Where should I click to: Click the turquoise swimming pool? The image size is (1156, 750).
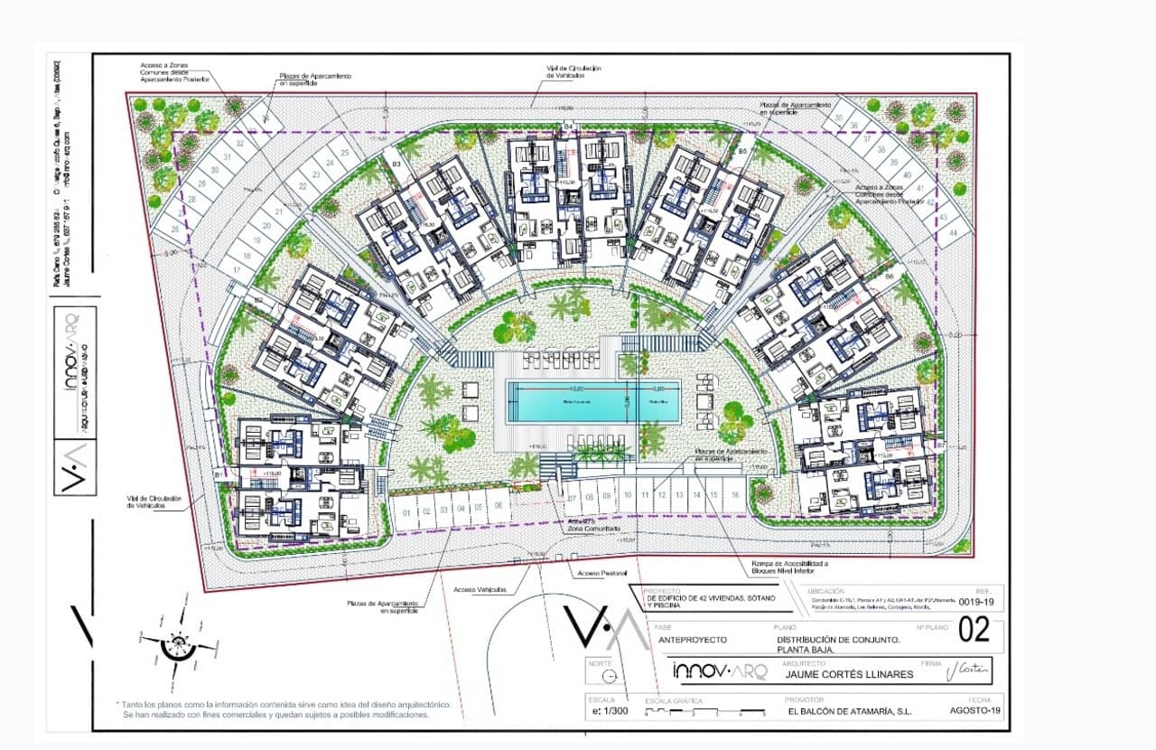pos(592,401)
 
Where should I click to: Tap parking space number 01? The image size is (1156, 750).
pos(406,512)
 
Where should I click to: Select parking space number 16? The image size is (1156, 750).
pos(736,495)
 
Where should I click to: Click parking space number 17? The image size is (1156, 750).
pos(237,269)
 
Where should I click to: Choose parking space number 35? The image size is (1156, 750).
pos(838,117)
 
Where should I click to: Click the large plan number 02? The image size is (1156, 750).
pos(974,630)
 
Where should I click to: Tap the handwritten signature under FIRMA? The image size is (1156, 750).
pos(968,670)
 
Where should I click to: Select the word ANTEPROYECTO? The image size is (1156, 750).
pos(692,639)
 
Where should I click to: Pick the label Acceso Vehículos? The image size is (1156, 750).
pos(480,589)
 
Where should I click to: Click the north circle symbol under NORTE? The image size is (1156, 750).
pos(607,676)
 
